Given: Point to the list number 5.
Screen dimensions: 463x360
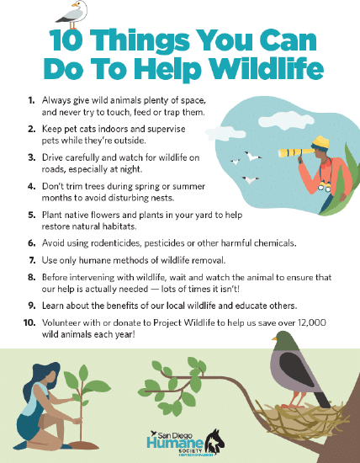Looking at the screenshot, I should pos(31,216).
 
